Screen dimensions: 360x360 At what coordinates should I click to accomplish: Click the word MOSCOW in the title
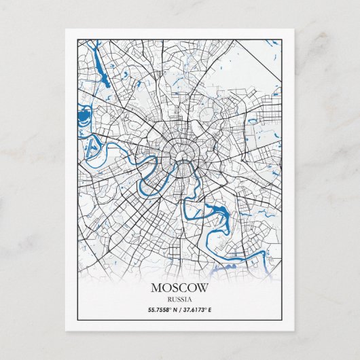pyautogui.click(x=180, y=288)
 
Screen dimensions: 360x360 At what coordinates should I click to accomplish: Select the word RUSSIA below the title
pyautogui.click(x=180, y=299)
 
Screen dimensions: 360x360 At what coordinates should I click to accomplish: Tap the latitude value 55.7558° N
pyautogui.click(x=163, y=310)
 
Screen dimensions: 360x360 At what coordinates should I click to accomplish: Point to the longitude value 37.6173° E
pyautogui.click(x=198, y=310)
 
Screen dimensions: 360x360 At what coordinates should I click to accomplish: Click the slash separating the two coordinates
pyautogui.click(x=181, y=310)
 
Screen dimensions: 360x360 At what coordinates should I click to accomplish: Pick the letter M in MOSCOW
pyautogui.click(x=156, y=288)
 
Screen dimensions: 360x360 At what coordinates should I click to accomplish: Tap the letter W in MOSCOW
pyautogui.click(x=203, y=288)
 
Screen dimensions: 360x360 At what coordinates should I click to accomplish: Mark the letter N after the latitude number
pyautogui.click(x=176, y=310)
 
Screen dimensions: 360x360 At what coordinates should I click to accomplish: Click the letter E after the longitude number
pyautogui.click(x=211, y=310)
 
